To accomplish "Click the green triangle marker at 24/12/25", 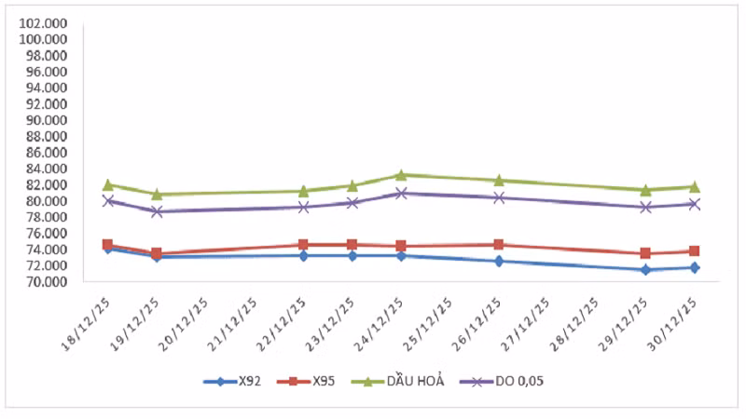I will [401, 175].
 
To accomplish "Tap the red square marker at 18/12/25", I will [108, 245].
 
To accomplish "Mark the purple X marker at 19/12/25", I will [157, 211].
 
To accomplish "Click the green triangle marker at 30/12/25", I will [695, 187].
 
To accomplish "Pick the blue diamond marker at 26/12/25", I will [499, 261].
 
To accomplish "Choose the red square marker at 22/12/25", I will [304, 245].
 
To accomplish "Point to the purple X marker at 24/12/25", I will [401, 194].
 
